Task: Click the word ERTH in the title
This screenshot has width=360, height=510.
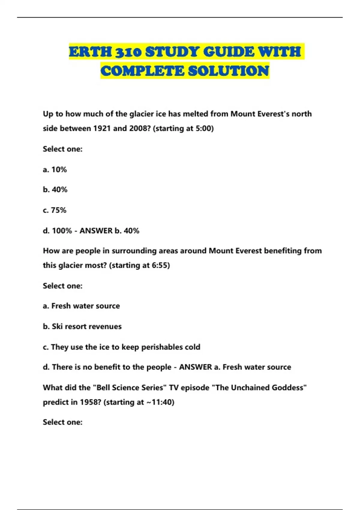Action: [x=90, y=52]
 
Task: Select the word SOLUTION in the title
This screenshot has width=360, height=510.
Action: [x=229, y=71]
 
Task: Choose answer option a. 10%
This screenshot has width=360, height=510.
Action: [x=55, y=169]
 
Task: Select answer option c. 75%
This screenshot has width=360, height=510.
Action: [x=55, y=210]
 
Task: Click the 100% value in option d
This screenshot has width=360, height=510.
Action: [x=62, y=231]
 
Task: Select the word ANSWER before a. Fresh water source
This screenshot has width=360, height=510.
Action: [x=195, y=367]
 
